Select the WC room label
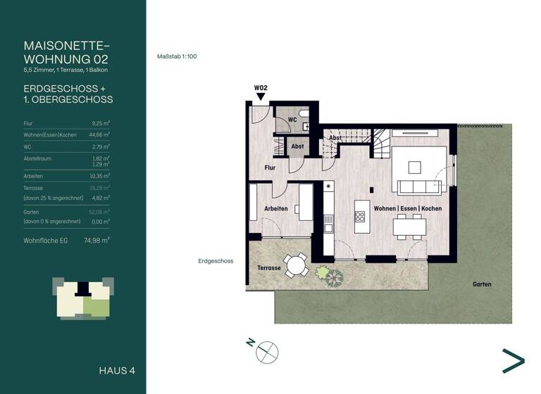[x=292, y=120]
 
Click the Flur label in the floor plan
[x=270, y=168]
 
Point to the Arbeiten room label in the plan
[x=275, y=209]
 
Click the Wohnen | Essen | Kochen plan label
[x=408, y=209]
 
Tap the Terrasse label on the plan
[x=269, y=268]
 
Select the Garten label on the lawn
[x=482, y=284]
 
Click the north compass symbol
[x=267, y=351]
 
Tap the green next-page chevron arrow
[x=513, y=360]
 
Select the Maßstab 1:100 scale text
[x=176, y=57]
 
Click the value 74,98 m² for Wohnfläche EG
[x=96, y=240]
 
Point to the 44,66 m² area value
[x=100, y=133]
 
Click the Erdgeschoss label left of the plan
[x=215, y=261]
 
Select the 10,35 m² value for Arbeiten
[x=101, y=176]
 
